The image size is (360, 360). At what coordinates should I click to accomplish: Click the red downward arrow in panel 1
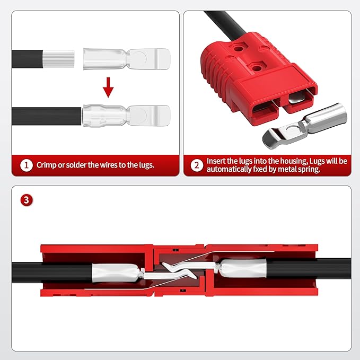(x=108, y=87)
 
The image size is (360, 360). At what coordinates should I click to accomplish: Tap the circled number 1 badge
(x=27, y=165)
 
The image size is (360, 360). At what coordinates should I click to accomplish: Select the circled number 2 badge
(x=197, y=165)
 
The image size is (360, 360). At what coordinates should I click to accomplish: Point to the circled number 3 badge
(x=26, y=200)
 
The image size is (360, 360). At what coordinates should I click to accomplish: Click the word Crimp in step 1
(x=47, y=165)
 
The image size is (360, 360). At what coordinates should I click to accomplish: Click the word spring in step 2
(x=323, y=170)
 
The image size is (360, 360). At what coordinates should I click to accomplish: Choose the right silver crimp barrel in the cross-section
(x=243, y=269)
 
